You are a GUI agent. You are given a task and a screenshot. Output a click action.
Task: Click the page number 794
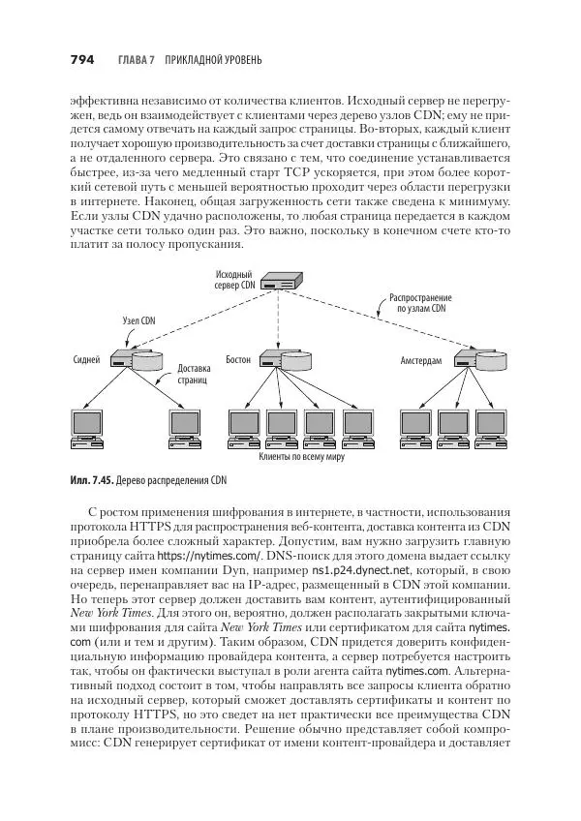(x=81, y=60)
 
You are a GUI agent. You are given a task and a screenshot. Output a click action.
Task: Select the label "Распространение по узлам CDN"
(x=418, y=303)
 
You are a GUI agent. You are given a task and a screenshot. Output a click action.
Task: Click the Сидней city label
(x=86, y=359)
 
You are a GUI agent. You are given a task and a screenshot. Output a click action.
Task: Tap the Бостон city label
(x=238, y=359)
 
